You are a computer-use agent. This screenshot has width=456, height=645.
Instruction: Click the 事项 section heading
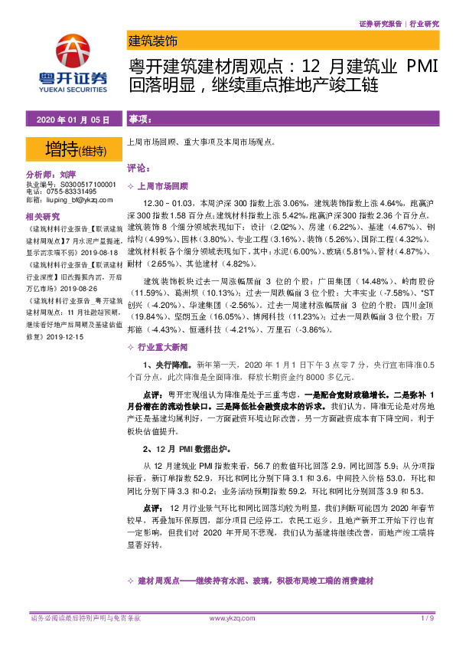139,120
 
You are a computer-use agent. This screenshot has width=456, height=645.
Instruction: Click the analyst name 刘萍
67,175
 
